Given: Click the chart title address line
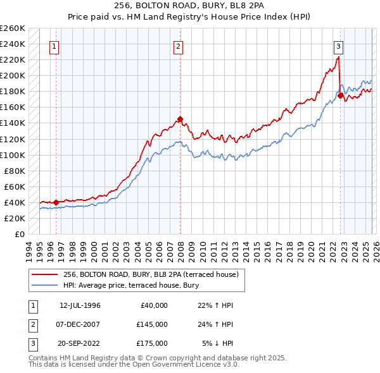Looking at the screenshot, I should [189, 6].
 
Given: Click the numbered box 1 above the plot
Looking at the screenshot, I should [55, 46].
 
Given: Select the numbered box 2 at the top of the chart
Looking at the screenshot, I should [179, 46].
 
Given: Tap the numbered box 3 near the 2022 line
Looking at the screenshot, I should [339, 46].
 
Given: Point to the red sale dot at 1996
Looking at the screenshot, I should [56, 202].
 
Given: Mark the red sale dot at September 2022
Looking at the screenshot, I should [340, 95].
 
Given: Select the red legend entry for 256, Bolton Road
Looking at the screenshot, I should [150, 274].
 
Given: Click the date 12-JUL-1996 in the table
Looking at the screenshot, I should [80, 305].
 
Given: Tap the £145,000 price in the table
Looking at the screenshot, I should [151, 324].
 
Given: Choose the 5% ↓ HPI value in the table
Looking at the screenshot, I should [218, 343].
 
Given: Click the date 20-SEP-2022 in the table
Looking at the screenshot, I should [80, 343].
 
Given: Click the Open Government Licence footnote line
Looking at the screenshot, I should [134, 365].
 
